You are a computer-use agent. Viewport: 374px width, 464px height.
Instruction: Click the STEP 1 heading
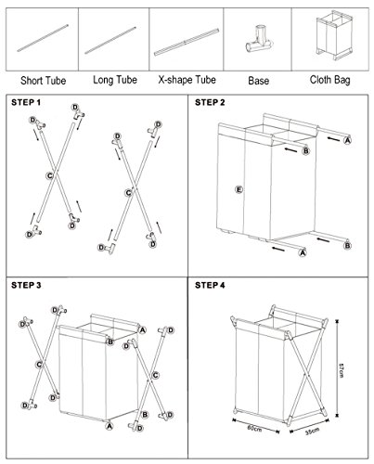[x=26, y=102]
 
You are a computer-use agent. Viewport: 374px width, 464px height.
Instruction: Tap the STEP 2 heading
[x=210, y=102]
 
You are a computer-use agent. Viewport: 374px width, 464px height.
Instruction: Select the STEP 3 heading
[x=26, y=285]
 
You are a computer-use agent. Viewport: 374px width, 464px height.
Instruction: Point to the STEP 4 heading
[x=210, y=285]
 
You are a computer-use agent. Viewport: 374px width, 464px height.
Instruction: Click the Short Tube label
[x=44, y=81]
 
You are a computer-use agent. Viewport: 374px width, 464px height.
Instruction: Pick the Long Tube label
[x=115, y=80]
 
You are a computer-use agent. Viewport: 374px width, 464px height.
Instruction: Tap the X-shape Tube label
[x=187, y=80]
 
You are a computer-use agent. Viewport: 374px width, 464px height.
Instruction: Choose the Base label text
[x=258, y=81]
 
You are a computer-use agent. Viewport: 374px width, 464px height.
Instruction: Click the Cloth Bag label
[x=330, y=80]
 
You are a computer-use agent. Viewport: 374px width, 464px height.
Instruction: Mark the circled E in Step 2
[x=239, y=189]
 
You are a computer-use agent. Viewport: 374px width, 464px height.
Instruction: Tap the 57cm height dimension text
[x=342, y=369]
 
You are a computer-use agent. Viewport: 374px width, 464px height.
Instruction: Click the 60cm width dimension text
[x=254, y=429]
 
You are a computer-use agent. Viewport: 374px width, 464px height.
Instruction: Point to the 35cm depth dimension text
[x=312, y=432]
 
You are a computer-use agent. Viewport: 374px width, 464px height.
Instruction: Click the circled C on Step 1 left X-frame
[x=49, y=175]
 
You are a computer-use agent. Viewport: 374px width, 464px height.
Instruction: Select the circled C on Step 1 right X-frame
[x=128, y=193]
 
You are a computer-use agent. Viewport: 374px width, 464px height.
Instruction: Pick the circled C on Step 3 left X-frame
[x=39, y=365]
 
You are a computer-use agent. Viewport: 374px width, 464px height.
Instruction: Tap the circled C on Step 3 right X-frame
[x=155, y=375]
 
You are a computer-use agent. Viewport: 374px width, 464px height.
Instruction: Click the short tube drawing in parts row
[x=43, y=38]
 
